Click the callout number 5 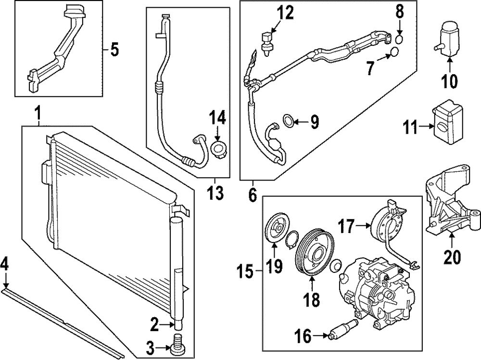tap(114, 50)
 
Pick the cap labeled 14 tap(219, 149)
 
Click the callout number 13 tap(215, 193)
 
